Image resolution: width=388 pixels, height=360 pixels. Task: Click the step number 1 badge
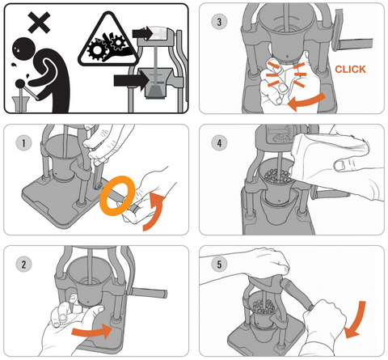point(23,142)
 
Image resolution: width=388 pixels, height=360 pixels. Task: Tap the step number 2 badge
point(23,264)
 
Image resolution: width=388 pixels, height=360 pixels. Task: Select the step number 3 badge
point(219,22)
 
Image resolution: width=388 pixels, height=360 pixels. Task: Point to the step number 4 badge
point(219,142)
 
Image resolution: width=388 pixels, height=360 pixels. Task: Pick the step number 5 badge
point(219,264)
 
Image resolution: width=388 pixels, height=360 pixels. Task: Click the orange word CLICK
point(350,70)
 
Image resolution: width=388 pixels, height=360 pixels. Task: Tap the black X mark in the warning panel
point(39,23)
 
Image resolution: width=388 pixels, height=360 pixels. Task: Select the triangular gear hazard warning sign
point(108,40)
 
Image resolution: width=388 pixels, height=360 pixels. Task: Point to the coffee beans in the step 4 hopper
point(277,176)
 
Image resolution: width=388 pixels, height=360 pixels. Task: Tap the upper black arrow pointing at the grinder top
point(143,33)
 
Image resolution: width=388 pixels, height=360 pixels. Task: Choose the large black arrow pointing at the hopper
point(132,80)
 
